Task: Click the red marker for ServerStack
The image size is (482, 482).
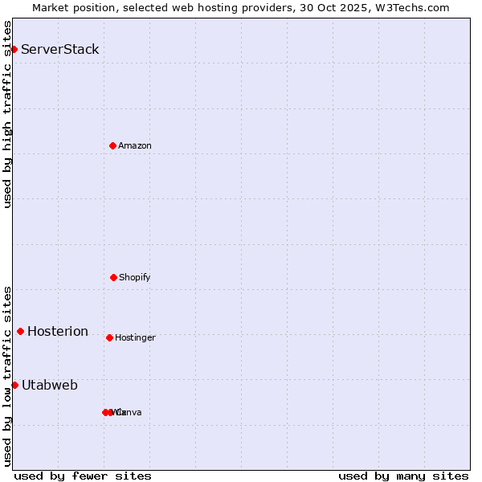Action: (x=14, y=50)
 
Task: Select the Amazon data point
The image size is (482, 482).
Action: (x=113, y=145)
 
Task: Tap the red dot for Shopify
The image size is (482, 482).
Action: (x=113, y=277)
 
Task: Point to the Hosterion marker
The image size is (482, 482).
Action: (x=20, y=331)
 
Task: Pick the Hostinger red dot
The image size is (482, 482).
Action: (x=109, y=337)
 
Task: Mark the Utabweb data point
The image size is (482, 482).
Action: (x=14, y=385)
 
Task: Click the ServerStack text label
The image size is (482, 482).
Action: (x=60, y=50)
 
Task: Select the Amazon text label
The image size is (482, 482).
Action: (x=135, y=146)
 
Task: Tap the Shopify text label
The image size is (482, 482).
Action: (x=135, y=278)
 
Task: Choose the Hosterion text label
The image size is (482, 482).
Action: (x=58, y=332)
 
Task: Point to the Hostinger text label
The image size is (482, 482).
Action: (x=135, y=338)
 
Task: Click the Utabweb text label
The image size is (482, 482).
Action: (x=50, y=386)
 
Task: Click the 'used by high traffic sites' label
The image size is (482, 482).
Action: (x=7, y=114)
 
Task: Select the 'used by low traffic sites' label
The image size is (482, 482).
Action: (x=7, y=376)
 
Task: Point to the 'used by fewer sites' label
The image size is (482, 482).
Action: (x=83, y=476)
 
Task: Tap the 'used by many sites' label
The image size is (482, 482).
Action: (x=403, y=476)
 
